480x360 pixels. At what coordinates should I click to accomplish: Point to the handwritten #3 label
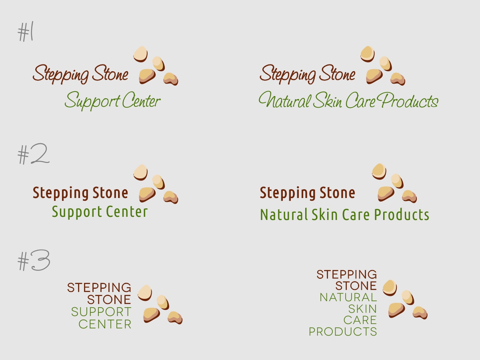pos(34,261)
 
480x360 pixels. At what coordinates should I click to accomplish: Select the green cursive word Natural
pos(284,100)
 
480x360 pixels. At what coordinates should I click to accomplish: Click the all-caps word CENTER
pos(105,324)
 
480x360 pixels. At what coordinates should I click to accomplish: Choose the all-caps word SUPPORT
pos(101,312)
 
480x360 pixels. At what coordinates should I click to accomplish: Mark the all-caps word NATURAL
pos(348,298)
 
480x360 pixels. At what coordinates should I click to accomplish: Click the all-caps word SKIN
pos(362,309)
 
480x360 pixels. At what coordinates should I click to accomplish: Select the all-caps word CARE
pos(360,320)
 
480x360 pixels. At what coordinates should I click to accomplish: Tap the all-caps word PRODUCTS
pos(343,332)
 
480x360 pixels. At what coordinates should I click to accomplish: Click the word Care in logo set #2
pos(356,215)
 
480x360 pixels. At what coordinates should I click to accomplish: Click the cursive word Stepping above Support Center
pos(60,75)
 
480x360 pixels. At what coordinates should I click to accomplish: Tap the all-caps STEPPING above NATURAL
pos(346,274)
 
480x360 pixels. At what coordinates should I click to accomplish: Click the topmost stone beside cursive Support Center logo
pos(140,54)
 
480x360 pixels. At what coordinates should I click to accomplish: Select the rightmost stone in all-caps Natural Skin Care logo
pos(420,312)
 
